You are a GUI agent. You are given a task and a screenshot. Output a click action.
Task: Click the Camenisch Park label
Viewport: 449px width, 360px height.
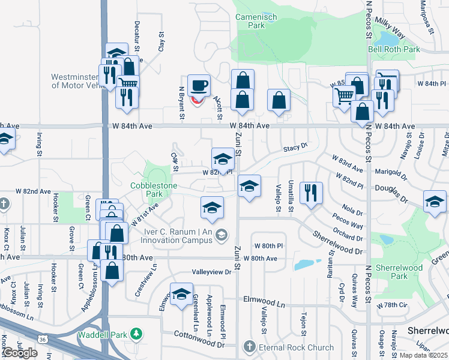pos(256,22)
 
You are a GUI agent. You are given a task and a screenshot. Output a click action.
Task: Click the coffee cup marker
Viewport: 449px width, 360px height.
pos(199,85)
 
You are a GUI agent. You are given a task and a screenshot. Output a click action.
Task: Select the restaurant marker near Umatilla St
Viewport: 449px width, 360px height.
pos(310,193)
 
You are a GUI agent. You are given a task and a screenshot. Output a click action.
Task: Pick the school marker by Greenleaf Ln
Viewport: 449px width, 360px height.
pos(181,294)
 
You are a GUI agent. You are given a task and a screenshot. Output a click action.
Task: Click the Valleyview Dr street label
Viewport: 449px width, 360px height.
pos(212,272)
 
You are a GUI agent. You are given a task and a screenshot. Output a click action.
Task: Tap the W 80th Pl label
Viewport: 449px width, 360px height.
pos(268,246)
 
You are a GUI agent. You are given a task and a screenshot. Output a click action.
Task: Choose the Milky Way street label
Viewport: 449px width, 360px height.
pos(390,29)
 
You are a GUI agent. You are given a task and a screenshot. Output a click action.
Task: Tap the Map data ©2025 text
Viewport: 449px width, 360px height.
pos(423,355)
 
